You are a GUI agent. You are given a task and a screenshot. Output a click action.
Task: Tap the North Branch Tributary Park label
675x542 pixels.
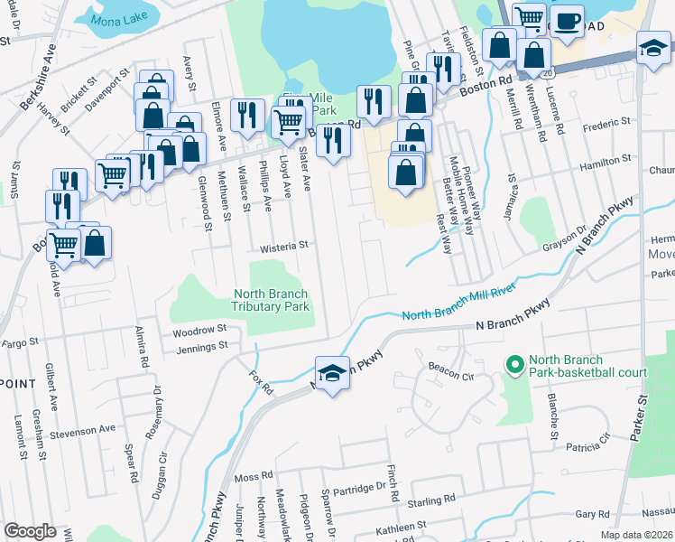(271, 300)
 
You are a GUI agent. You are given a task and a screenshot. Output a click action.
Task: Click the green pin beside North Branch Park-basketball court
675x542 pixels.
(514, 365)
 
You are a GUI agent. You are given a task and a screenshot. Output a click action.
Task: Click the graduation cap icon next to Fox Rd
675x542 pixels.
(332, 373)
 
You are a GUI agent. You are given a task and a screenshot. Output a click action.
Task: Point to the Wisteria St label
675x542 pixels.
(284, 245)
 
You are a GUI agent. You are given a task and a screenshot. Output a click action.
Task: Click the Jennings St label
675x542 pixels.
(198, 346)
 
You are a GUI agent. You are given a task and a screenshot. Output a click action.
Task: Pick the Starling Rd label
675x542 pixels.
(431, 500)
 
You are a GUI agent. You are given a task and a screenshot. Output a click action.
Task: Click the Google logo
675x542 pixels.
(30, 531)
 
